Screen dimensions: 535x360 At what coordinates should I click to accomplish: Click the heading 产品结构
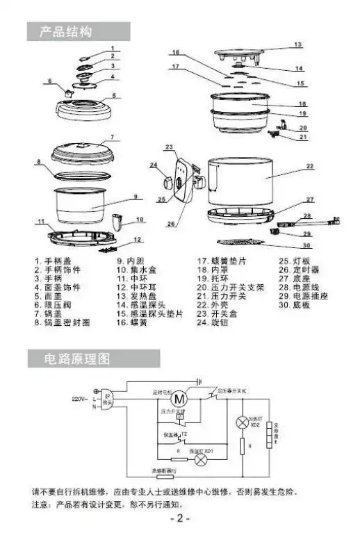(67, 32)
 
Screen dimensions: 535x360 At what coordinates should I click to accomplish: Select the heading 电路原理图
(77, 359)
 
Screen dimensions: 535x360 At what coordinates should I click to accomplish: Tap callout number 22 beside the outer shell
(310, 166)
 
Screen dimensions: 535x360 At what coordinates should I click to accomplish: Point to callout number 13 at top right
(297, 44)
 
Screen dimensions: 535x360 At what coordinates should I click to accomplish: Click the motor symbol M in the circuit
(181, 399)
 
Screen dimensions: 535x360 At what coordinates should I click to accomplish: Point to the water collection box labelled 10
(118, 224)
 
